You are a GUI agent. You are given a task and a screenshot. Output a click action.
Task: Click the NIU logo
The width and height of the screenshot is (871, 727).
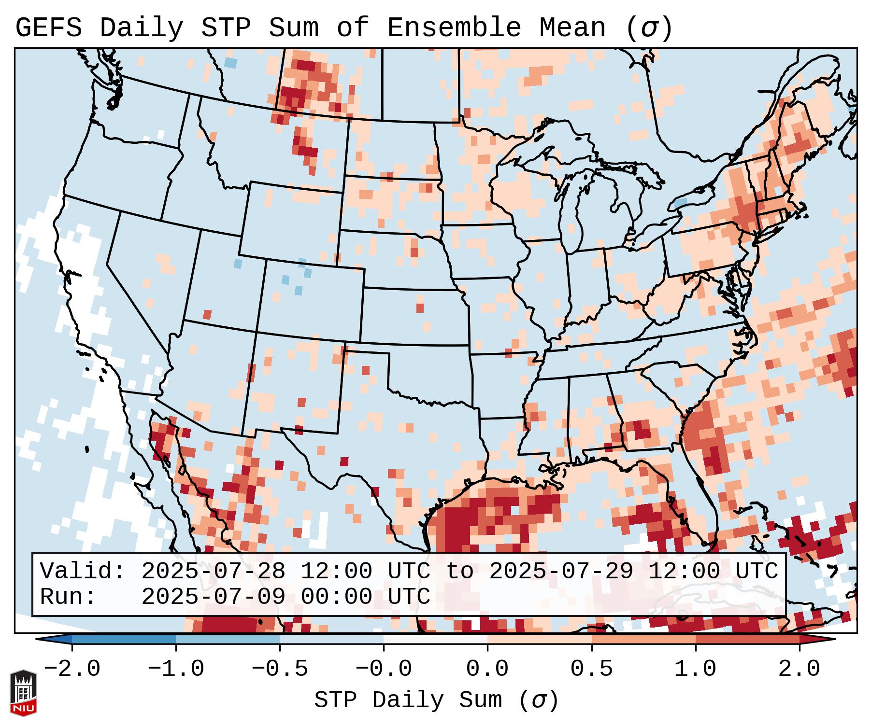point(23,693)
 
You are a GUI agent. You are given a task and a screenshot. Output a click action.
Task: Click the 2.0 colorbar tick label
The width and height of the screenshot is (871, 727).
point(800,669)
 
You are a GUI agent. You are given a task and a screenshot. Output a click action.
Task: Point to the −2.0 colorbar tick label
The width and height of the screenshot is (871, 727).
point(72,669)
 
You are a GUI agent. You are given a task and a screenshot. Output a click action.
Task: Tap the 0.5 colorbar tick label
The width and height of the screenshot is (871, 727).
point(591,669)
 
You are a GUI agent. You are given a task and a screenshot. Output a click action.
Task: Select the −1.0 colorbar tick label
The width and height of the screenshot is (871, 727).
point(176,669)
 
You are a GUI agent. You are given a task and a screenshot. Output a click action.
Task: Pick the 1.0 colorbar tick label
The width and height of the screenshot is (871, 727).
point(695,669)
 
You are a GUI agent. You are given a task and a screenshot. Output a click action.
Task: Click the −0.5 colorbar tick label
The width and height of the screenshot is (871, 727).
point(280,669)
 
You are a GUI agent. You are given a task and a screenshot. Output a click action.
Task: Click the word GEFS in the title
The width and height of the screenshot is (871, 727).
point(48,28)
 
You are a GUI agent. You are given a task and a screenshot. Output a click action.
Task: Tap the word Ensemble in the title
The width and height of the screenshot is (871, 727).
point(454,28)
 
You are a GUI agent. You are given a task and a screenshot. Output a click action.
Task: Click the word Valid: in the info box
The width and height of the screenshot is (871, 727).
point(83,572)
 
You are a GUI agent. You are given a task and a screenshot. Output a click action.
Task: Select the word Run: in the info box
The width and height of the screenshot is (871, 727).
point(68,597)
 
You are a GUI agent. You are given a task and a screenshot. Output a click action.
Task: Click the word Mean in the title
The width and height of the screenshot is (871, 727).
point(572,28)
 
